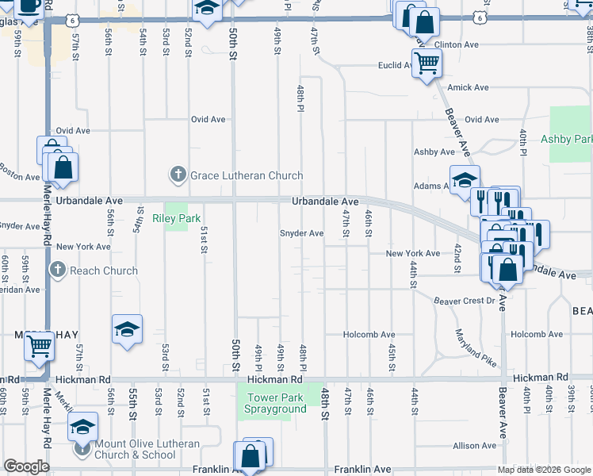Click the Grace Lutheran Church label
pos(246,175)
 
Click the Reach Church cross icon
pos(57,271)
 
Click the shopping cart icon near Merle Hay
pos(40,345)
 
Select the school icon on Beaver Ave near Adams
pos(465,178)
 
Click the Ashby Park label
pos(566,140)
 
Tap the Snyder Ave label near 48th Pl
pos(301,233)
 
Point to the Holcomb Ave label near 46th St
pos(369,335)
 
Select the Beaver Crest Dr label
pos(464,301)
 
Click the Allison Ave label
pos(474,447)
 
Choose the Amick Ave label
pos(468,87)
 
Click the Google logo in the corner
pos(26,466)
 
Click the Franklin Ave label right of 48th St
pos(362,470)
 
